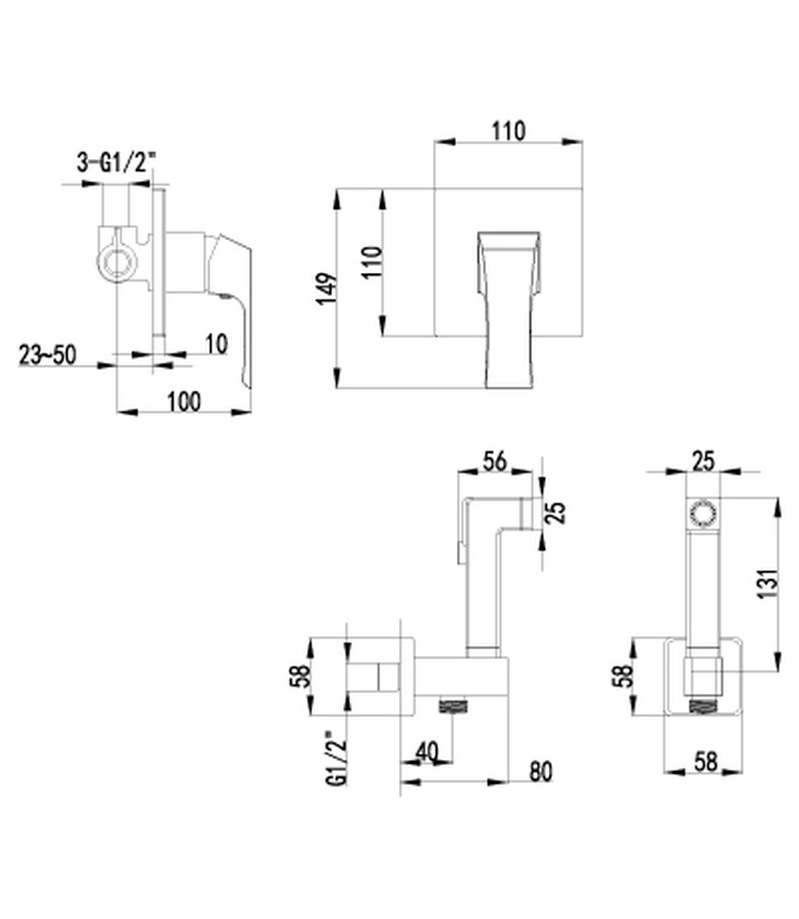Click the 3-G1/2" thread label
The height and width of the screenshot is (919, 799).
(x=116, y=163)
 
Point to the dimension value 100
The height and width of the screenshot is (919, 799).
(x=183, y=401)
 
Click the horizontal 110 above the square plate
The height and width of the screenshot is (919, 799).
(x=508, y=130)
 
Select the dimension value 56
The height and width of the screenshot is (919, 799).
(x=495, y=462)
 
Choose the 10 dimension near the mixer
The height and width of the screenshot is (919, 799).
(x=215, y=344)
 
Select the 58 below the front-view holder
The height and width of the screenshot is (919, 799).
(x=704, y=762)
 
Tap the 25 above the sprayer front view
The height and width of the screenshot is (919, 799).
(x=704, y=462)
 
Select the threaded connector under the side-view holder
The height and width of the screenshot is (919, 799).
(x=452, y=708)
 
